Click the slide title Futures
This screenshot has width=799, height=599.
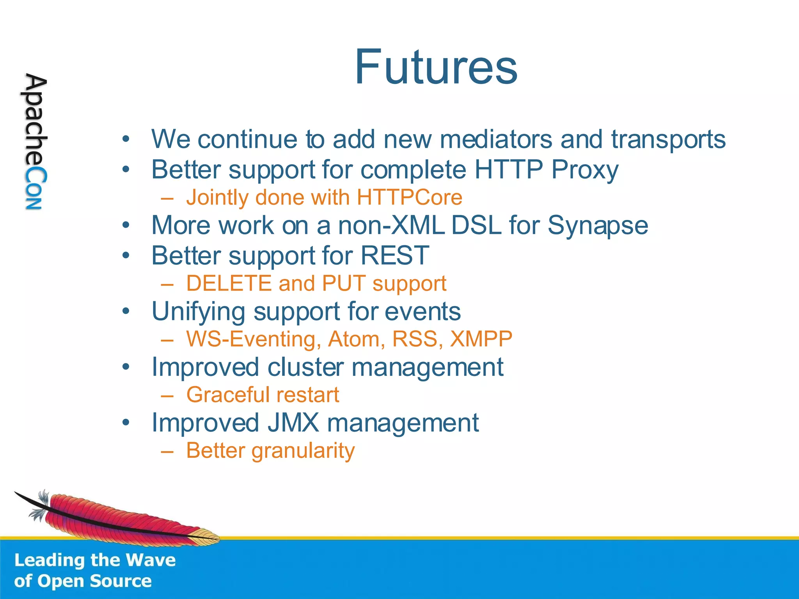click(x=436, y=67)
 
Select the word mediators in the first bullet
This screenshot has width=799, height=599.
click(x=496, y=139)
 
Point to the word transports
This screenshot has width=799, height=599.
click(x=668, y=139)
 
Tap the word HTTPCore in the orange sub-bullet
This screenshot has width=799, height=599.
click(x=409, y=197)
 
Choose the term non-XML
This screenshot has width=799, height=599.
click(x=391, y=225)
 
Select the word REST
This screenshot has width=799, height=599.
click(x=394, y=256)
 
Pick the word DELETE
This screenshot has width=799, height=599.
click(x=229, y=284)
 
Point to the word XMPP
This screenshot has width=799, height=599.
click(x=481, y=339)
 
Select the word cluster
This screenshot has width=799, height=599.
click(x=306, y=367)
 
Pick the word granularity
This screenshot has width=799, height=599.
click(x=303, y=451)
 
